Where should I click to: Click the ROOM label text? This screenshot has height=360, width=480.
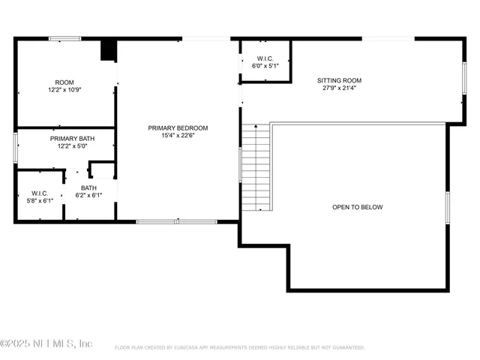(x=64, y=82)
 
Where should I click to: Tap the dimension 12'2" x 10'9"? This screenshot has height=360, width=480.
(x=64, y=89)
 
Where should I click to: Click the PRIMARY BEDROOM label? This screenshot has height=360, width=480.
(x=178, y=127)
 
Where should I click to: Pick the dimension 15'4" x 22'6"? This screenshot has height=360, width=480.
(x=178, y=135)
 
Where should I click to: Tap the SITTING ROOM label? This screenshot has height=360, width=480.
(x=339, y=79)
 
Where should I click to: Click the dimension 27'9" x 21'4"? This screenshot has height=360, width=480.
(x=339, y=87)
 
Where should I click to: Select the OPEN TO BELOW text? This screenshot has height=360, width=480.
(x=357, y=207)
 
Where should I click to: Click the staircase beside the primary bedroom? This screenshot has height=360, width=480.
(x=255, y=169)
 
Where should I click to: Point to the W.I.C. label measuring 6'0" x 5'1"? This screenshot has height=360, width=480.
(x=265, y=58)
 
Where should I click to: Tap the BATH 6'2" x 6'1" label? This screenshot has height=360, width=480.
(x=88, y=188)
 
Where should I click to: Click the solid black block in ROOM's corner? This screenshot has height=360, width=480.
(x=109, y=49)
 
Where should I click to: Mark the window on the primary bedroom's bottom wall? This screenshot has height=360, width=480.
(x=177, y=221)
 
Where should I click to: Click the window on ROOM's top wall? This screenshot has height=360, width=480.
(x=65, y=38)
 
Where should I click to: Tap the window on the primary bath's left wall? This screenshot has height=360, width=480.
(x=15, y=147)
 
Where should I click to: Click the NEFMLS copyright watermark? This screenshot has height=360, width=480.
(x=46, y=343)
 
